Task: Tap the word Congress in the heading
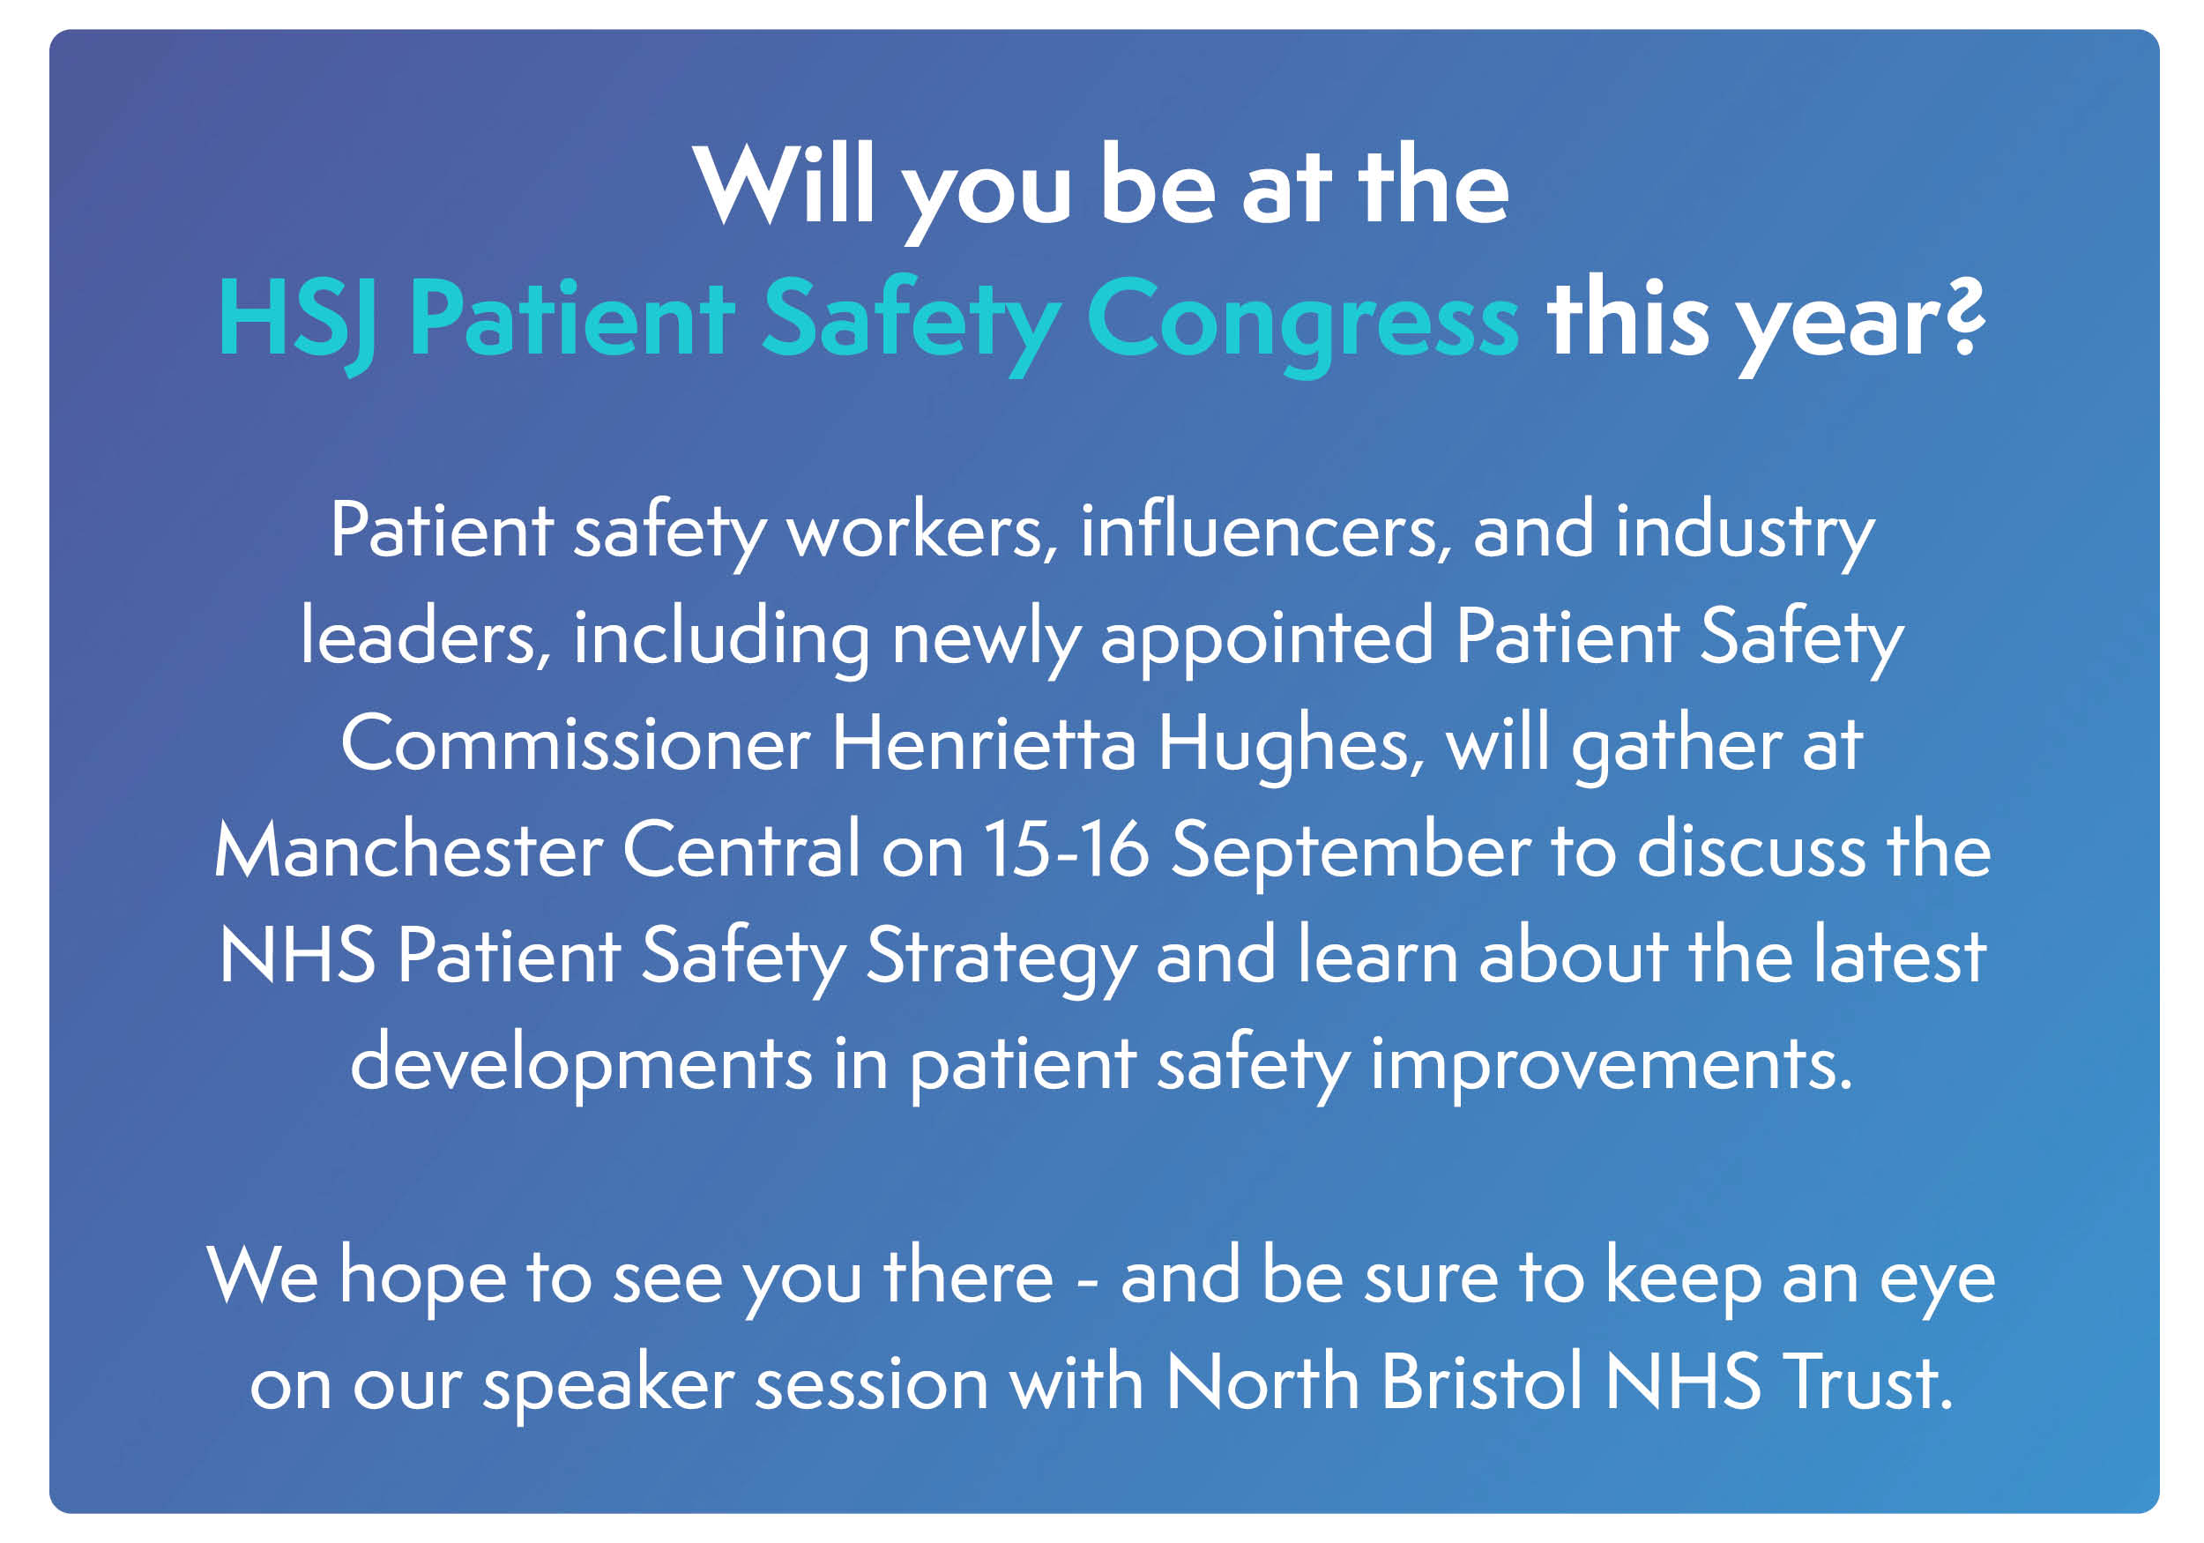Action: (1303, 326)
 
